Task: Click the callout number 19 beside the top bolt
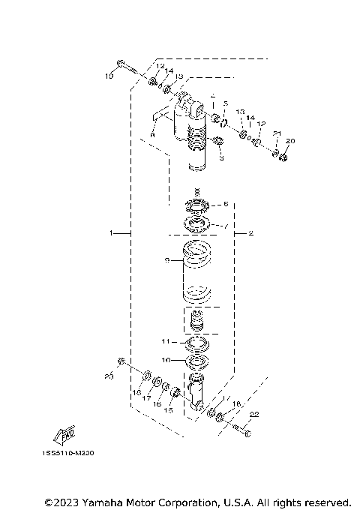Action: click(x=109, y=76)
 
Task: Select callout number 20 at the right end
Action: click(x=292, y=141)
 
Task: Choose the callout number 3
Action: click(x=222, y=158)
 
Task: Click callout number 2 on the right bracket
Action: click(x=250, y=234)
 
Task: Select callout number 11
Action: click(x=166, y=340)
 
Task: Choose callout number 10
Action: click(x=166, y=359)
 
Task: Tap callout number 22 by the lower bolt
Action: click(x=253, y=415)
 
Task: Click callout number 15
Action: click(x=169, y=411)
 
